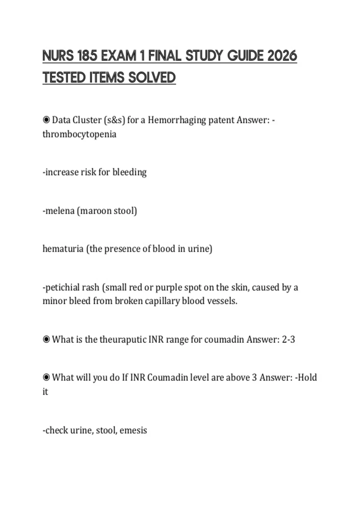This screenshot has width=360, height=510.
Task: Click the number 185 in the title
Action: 87,56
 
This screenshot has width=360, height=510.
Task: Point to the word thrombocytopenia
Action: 79,134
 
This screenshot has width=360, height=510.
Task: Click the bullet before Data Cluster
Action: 46,120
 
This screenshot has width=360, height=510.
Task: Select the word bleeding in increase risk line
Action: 129,172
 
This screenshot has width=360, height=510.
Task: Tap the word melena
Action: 60,211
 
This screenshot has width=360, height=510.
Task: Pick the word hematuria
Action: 63,249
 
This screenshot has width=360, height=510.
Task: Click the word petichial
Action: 72,287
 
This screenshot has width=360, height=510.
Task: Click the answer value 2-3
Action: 288,340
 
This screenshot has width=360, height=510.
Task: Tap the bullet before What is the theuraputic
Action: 46,339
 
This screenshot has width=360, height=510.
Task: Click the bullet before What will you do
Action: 46,377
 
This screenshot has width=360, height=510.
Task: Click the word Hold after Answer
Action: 307,377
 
